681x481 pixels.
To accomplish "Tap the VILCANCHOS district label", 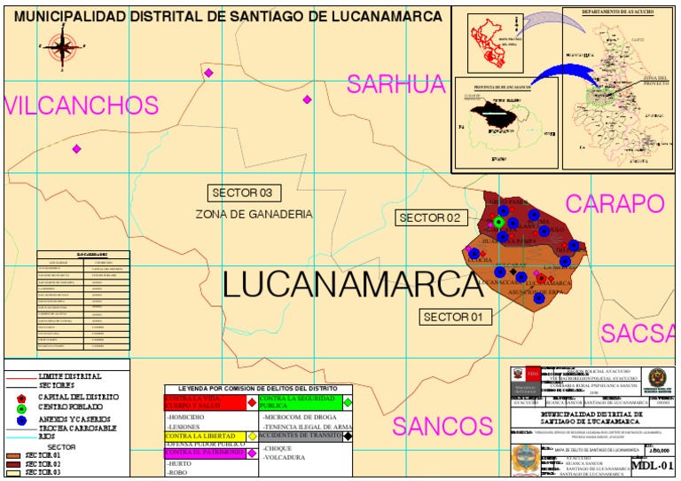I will click(82, 106).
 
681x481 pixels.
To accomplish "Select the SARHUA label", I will click(395, 84).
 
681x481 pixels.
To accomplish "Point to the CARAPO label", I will click(614, 204).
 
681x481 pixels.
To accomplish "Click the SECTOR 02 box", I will click(429, 217).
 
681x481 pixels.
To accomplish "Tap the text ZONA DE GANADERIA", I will click(254, 215).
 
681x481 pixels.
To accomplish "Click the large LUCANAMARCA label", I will click(347, 285).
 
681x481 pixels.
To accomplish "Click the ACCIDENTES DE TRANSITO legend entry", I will click(299, 436).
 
